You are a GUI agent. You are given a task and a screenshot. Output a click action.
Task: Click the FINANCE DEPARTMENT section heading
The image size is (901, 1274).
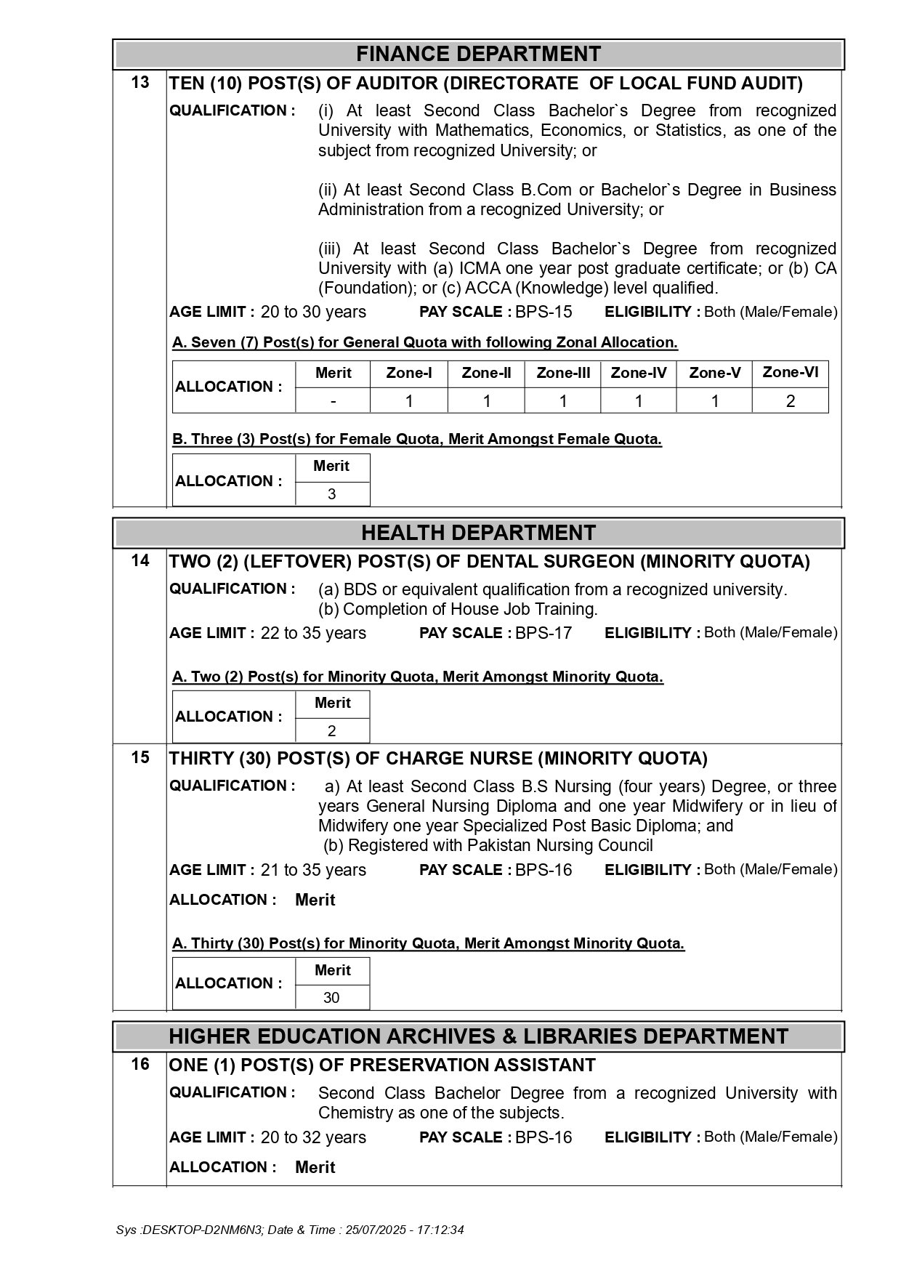click(x=478, y=55)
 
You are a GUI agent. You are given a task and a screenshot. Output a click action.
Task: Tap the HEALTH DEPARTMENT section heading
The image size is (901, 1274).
click(x=478, y=533)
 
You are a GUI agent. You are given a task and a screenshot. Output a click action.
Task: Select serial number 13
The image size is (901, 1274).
click(x=140, y=83)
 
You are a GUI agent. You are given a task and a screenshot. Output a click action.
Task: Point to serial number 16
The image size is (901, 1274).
click(x=140, y=1065)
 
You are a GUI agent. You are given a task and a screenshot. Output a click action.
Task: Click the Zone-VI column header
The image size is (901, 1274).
click(x=790, y=373)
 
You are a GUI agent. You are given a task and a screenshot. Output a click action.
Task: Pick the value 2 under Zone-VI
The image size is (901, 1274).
click(x=790, y=401)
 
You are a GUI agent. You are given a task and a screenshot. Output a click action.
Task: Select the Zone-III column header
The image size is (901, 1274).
click(x=563, y=374)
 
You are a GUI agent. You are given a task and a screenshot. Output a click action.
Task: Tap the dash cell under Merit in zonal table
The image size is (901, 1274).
click(x=333, y=401)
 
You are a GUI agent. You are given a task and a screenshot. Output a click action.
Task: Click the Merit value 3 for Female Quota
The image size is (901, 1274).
click(x=332, y=494)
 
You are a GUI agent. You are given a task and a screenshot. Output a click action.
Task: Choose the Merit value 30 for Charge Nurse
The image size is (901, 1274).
click(x=331, y=998)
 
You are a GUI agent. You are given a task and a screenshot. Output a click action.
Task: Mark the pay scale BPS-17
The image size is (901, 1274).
click(x=544, y=633)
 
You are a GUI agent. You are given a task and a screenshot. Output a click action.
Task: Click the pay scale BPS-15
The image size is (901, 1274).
click(x=544, y=313)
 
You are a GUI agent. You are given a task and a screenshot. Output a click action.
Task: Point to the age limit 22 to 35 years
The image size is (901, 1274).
click(x=313, y=633)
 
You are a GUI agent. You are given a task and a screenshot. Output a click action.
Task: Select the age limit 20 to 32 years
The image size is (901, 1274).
click(x=313, y=1137)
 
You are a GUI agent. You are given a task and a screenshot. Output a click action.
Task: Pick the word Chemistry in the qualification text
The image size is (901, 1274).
click(x=352, y=1113)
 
